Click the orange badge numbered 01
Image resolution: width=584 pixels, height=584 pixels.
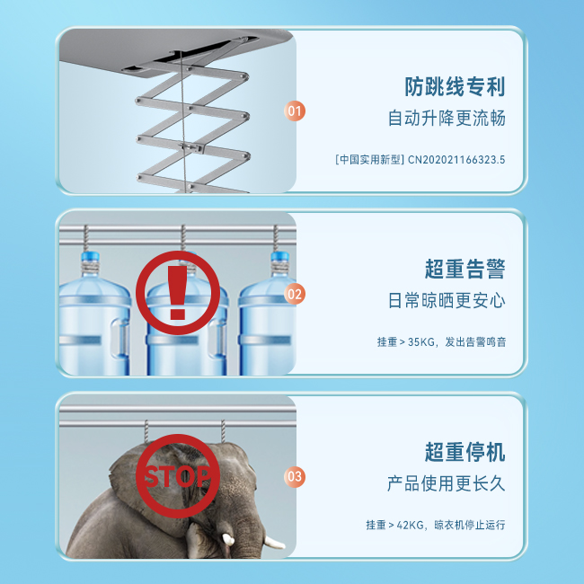pos(295,111)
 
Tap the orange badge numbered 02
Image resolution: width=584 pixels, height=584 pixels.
pos(295,294)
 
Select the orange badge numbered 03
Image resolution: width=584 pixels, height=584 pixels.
pos(295,477)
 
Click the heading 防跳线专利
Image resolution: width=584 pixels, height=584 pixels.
pos(455,87)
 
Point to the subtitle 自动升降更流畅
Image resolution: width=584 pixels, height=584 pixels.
pos(447,118)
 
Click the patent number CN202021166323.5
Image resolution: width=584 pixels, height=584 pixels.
pos(456,160)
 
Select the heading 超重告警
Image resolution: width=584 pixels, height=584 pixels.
pos(465,269)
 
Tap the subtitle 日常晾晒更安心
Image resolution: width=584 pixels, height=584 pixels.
pos(447,301)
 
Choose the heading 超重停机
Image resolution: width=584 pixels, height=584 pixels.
pos(465,452)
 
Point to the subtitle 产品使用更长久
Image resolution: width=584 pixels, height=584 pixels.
pos(447,483)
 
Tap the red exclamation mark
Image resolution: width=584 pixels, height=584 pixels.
pos(177,293)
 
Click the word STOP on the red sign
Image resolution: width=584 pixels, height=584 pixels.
pos(177,477)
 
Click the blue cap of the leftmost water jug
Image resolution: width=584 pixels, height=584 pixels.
pos(90,257)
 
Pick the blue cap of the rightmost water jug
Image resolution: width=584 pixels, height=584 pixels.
pos(280,257)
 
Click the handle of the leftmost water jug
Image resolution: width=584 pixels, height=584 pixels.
pos(119,337)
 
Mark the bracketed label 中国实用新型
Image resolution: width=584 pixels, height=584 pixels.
pos(369,160)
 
